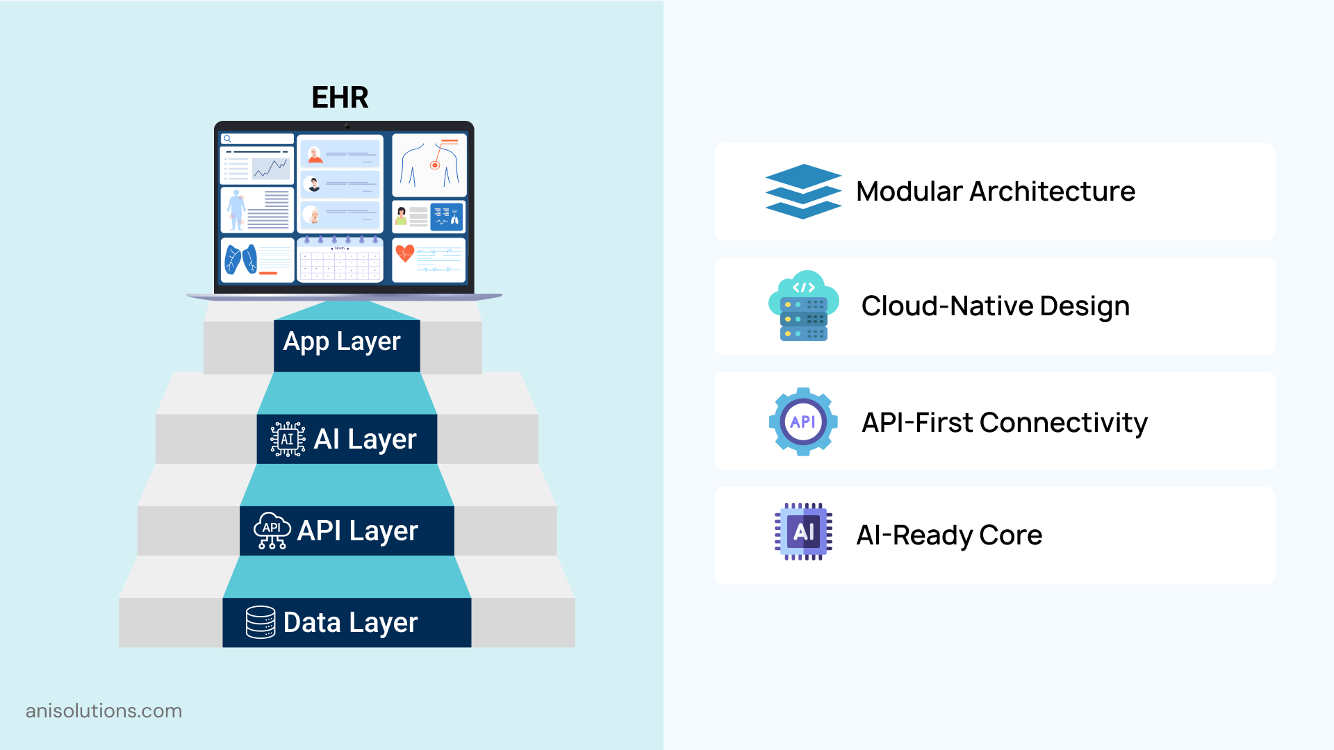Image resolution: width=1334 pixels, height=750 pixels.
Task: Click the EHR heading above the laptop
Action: click(x=340, y=97)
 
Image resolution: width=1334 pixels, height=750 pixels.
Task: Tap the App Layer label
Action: click(x=342, y=342)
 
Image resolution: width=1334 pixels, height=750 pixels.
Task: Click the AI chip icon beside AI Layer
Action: click(x=287, y=439)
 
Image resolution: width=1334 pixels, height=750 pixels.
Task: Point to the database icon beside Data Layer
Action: click(x=261, y=622)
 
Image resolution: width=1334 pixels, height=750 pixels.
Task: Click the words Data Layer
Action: click(x=350, y=622)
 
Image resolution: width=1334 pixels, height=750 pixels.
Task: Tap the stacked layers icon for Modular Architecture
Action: click(x=803, y=192)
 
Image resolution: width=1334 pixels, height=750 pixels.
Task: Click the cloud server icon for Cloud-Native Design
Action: click(x=803, y=306)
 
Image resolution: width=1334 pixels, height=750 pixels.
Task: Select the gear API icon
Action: click(x=803, y=422)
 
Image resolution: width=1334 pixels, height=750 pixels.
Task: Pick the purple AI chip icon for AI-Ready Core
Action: click(x=803, y=532)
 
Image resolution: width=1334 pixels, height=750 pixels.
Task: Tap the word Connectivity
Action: click(x=1063, y=422)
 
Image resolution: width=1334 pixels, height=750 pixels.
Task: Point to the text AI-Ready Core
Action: click(x=949, y=535)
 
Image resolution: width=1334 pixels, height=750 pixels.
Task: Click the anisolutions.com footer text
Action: click(x=104, y=711)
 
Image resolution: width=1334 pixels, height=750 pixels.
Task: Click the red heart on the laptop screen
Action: click(x=404, y=253)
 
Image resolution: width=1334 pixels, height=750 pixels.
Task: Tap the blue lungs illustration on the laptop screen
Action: click(x=240, y=260)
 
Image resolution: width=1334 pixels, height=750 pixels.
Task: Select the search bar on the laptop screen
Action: click(x=257, y=139)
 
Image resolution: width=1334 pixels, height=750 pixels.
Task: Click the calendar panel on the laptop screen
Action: click(x=340, y=260)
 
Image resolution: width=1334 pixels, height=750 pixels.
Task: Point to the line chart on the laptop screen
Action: click(x=270, y=168)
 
